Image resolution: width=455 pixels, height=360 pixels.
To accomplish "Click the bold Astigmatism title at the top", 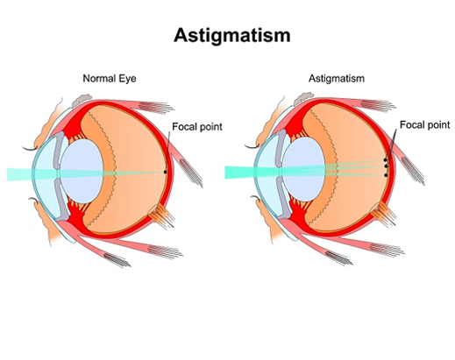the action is click(x=232, y=36).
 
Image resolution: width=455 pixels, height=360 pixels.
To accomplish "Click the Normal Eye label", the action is click(x=110, y=79).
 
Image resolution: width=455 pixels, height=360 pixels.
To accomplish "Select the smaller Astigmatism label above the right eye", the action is click(x=337, y=79).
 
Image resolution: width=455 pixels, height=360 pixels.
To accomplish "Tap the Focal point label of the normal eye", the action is click(x=197, y=127).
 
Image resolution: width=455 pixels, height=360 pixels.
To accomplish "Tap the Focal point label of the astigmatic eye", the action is click(x=424, y=125).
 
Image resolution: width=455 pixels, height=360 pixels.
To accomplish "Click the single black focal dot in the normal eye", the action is click(x=165, y=172).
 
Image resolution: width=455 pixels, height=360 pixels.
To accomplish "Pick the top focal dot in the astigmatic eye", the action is click(x=385, y=159).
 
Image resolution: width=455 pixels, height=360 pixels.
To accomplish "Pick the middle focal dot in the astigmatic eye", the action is click(x=386, y=166).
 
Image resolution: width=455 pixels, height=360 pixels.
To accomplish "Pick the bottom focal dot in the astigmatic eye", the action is click(x=386, y=175).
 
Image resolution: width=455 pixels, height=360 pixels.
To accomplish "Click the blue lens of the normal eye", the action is click(x=82, y=171).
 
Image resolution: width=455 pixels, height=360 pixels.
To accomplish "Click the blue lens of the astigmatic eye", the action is click(x=304, y=169).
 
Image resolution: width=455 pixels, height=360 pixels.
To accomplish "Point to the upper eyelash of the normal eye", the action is click(x=30, y=149).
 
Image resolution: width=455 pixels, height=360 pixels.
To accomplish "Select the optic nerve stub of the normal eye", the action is click(x=161, y=216).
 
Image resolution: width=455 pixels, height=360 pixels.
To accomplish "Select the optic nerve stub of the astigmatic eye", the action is click(x=383, y=214).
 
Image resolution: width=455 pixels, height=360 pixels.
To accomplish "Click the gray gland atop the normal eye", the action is click(x=82, y=100).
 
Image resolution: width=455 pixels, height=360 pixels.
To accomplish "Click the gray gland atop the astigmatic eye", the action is click(x=303, y=98).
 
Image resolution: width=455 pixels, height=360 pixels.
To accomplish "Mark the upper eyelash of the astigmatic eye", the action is click(x=252, y=146).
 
